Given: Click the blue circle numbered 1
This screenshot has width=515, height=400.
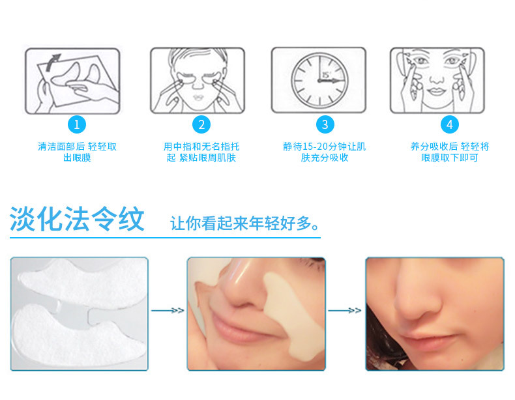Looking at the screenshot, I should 77,124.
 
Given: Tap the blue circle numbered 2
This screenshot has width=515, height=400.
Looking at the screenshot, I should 201,124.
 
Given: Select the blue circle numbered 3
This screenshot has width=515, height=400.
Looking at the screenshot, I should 325,124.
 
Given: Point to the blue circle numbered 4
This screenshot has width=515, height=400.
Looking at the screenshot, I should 449,124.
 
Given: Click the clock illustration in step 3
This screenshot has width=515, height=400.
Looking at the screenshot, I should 319,79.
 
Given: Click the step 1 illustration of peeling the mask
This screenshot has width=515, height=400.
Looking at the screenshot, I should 72,79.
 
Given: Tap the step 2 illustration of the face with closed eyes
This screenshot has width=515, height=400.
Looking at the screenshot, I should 198,79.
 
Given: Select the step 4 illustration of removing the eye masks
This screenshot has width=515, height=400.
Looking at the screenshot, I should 437,79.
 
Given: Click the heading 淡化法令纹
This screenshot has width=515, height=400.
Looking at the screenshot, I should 77,219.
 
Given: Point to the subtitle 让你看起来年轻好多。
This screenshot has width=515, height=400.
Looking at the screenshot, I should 245,223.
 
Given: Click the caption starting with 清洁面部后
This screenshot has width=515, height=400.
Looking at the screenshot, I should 77,152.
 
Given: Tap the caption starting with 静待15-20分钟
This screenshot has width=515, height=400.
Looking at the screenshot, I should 325,152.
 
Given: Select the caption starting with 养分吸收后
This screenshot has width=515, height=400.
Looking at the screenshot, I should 449,152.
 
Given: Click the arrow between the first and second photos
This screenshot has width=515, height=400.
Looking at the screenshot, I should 168,311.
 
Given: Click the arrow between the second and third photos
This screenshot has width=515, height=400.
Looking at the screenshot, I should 344,311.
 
